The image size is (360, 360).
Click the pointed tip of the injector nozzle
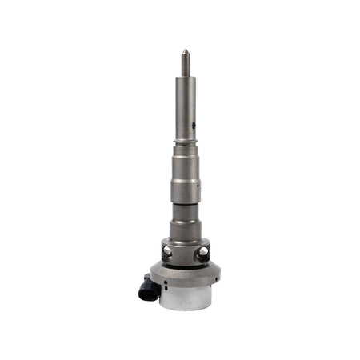185,51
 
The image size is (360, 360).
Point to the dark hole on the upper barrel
194,125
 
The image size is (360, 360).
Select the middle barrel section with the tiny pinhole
185,192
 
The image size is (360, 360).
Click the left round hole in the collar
167,250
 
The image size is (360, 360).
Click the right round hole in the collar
202,251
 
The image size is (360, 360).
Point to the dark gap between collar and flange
185,266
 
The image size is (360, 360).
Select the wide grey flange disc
185,276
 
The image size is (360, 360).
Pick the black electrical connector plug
148,288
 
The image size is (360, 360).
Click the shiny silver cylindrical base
185,299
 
